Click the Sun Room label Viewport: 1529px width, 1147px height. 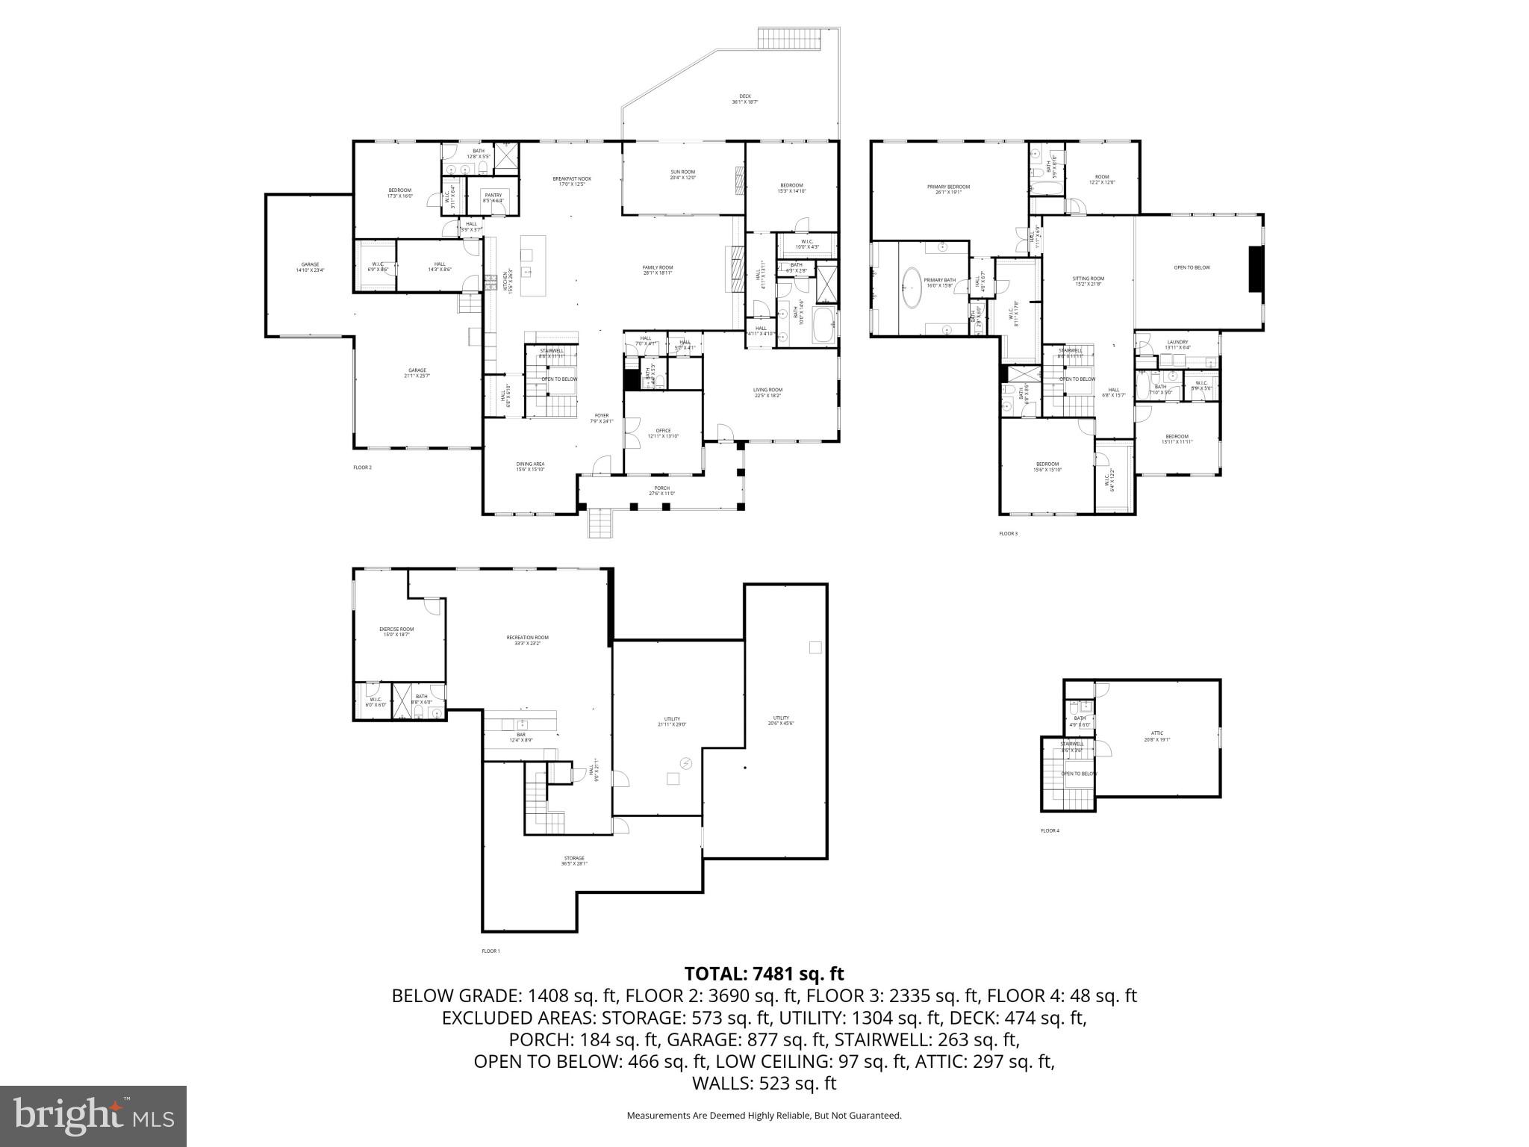click(682, 175)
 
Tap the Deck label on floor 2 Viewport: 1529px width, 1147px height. click(744, 99)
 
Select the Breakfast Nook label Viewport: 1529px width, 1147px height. click(572, 181)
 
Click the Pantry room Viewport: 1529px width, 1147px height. click(493, 197)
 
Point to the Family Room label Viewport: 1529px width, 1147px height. click(658, 270)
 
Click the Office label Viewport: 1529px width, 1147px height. click(663, 433)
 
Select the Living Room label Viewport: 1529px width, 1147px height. click(767, 392)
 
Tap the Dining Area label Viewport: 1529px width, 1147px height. click(530, 467)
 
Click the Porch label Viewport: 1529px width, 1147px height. click(661, 491)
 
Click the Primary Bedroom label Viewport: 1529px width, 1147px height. click(948, 190)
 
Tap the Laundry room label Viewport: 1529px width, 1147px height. click(1177, 344)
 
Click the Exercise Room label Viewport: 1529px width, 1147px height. click(396, 632)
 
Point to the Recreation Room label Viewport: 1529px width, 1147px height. click(527, 640)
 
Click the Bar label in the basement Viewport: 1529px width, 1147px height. click(520, 737)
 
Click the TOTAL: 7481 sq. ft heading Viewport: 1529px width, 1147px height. click(764, 974)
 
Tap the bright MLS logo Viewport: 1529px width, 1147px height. click(93, 1116)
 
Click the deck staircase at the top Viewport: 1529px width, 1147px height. click(791, 38)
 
